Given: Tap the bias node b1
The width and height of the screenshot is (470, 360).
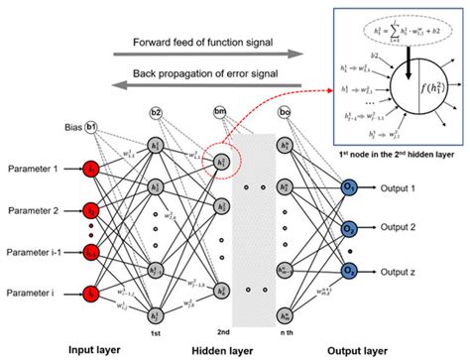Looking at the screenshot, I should coord(90,128).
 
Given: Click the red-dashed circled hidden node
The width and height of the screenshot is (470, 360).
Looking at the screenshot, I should coord(222,162).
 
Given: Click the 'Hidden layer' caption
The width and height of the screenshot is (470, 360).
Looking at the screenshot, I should coord(221,349).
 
